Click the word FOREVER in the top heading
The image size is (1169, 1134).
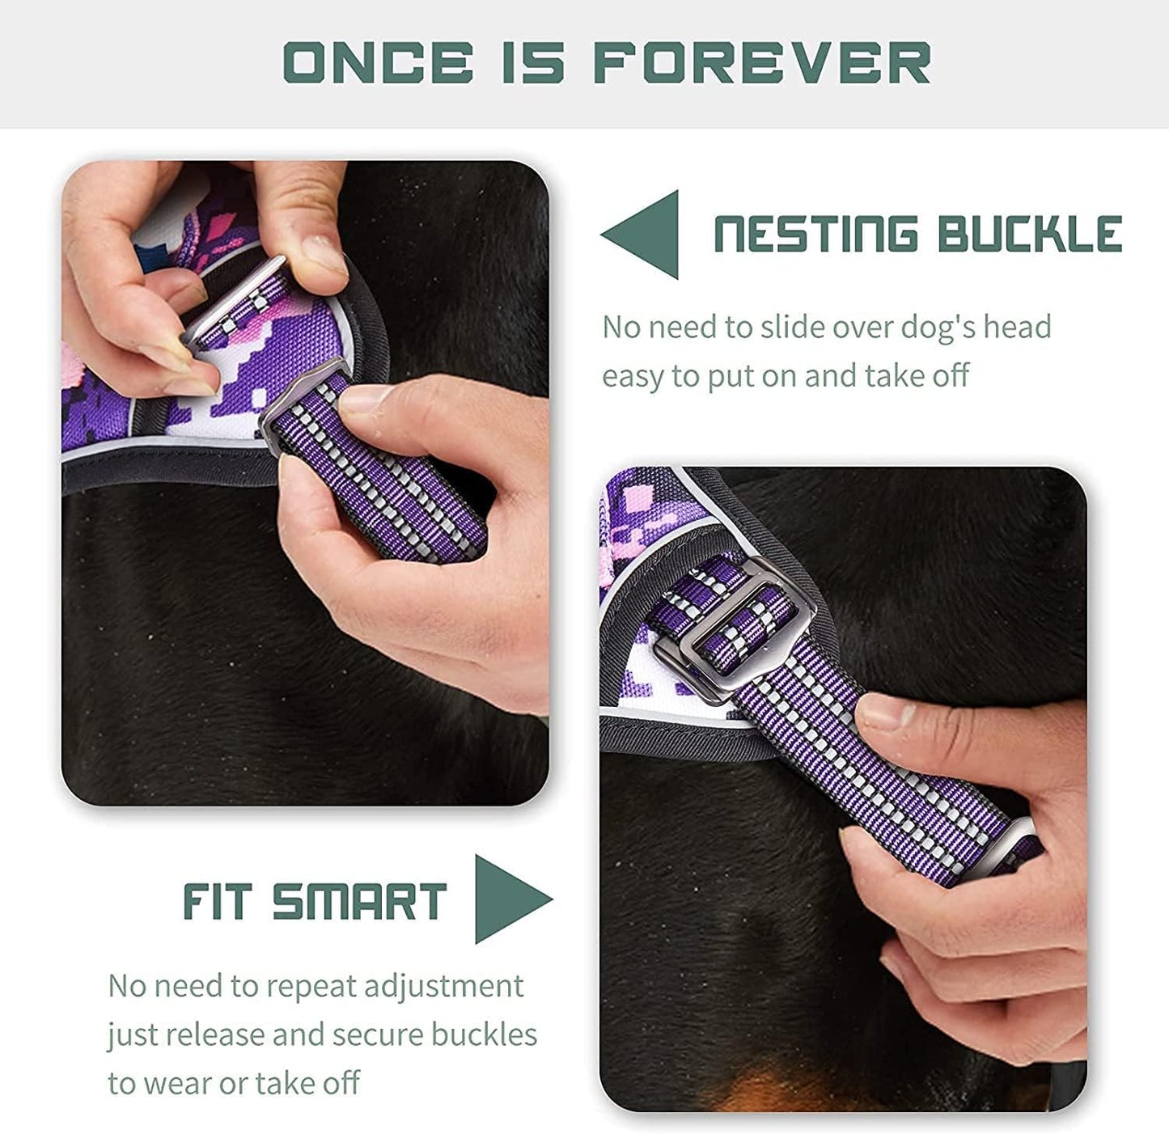[x=762, y=63]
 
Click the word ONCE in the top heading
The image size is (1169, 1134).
[x=378, y=63]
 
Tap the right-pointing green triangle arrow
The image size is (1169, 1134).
[x=510, y=899]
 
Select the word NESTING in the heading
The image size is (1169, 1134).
[x=815, y=235]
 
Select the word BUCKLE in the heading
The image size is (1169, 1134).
[x=1029, y=235]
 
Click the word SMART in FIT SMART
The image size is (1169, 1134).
[x=359, y=902]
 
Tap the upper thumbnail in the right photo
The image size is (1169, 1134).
[x=886, y=712]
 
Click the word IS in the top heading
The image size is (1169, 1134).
[x=532, y=63]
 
